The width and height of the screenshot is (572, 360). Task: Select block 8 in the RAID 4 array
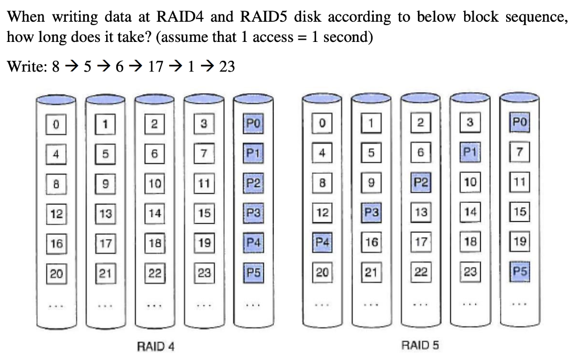click(55, 182)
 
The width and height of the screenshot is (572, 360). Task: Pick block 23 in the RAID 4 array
click(203, 273)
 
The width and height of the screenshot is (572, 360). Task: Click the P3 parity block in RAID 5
click(370, 213)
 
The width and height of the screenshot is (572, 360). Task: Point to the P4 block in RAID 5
click(321, 243)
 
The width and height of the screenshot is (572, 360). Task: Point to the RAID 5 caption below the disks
click(420, 345)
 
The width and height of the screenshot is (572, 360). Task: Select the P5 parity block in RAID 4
click(251, 273)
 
